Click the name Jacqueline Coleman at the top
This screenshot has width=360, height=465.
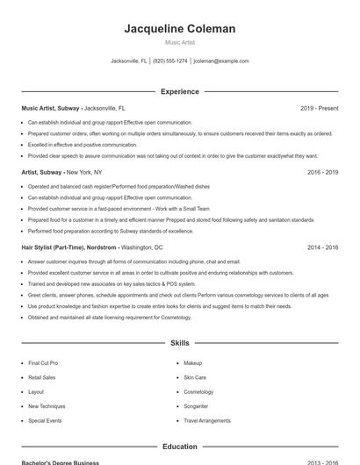(x=180, y=29)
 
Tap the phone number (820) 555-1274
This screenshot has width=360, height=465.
(x=171, y=61)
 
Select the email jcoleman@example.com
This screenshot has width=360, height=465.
(x=221, y=61)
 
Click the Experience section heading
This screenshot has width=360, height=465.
(x=180, y=91)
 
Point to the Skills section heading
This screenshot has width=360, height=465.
(x=180, y=343)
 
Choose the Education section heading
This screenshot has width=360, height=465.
(x=180, y=447)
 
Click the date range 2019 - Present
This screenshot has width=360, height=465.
(x=319, y=109)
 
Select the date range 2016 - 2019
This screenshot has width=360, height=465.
(x=322, y=173)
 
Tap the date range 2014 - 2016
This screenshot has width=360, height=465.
(x=322, y=248)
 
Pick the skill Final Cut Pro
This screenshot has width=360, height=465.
(x=43, y=362)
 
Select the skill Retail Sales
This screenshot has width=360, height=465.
(x=41, y=377)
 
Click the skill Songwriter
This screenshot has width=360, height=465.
(x=196, y=407)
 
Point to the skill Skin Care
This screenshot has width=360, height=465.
(x=195, y=377)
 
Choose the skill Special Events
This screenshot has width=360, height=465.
(x=45, y=421)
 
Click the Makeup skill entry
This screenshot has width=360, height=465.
(x=192, y=362)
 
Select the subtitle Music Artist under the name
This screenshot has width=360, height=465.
(x=180, y=43)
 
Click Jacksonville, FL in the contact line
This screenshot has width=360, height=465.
(x=130, y=61)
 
